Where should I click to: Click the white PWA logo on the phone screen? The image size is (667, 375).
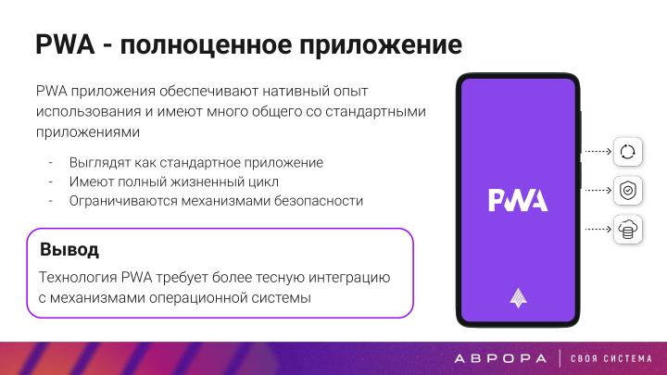[x=518, y=200]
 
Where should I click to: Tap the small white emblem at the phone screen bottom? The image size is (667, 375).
[x=518, y=297]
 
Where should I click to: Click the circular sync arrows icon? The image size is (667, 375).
[x=628, y=151]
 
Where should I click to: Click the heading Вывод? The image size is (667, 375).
[x=69, y=250]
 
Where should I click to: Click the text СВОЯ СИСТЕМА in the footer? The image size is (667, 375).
[x=613, y=357]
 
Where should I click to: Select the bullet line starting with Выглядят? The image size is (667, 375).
[x=195, y=162]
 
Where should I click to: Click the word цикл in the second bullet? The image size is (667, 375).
[x=265, y=181]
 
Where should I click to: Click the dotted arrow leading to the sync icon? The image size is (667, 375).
[x=597, y=151]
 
